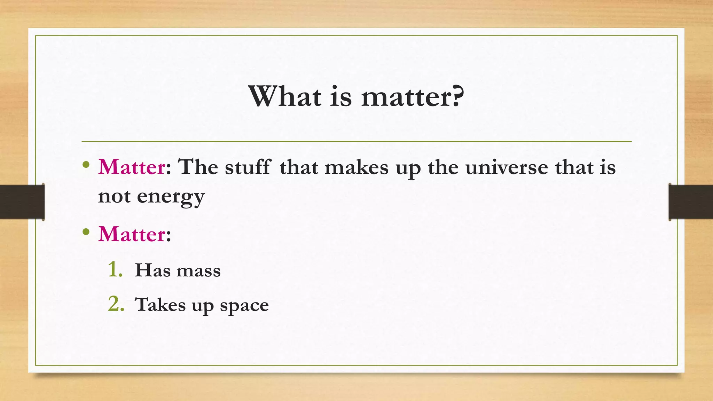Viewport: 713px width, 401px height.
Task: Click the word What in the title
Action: click(x=285, y=96)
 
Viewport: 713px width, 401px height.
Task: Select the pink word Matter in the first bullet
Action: click(x=132, y=167)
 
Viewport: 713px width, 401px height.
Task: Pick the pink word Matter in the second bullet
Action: click(x=132, y=234)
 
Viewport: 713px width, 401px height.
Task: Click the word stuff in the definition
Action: click(x=247, y=167)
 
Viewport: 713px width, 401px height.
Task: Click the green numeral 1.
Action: click(x=115, y=270)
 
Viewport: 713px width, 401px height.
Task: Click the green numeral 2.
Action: click(x=116, y=304)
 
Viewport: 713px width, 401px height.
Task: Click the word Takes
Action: click(x=160, y=305)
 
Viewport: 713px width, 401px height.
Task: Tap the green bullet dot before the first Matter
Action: click(x=86, y=165)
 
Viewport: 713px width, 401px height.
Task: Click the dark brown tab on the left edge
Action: click(x=22, y=202)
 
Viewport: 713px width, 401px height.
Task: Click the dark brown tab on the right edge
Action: click(x=691, y=202)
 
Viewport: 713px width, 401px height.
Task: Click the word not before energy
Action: click(x=114, y=197)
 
